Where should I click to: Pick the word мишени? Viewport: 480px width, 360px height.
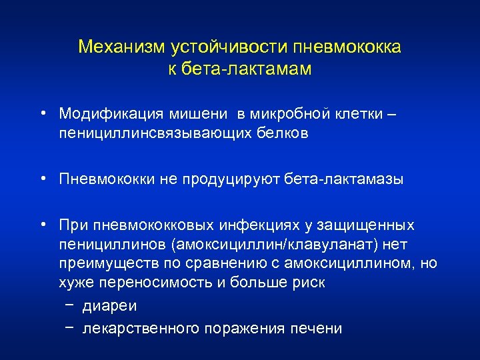[192, 114]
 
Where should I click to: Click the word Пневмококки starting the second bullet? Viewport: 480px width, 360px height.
[106, 179]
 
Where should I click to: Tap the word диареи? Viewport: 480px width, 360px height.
[109, 307]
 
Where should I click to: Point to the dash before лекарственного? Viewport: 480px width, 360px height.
[70, 327]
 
